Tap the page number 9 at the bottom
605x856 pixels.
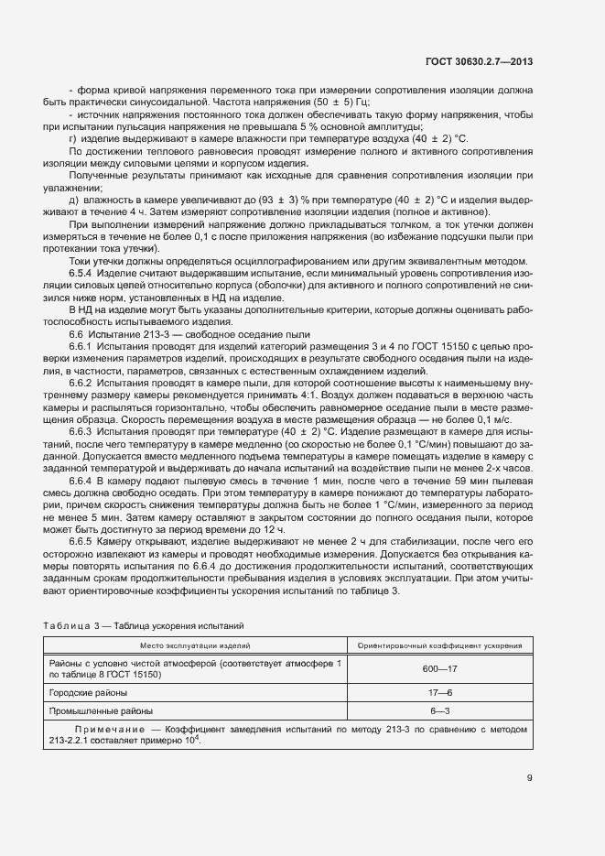pos(530,779)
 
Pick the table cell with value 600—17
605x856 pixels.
pos(439,668)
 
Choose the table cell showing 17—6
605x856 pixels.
pos(439,692)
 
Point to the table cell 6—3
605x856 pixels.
pos(439,710)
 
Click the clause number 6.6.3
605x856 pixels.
pos(82,430)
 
